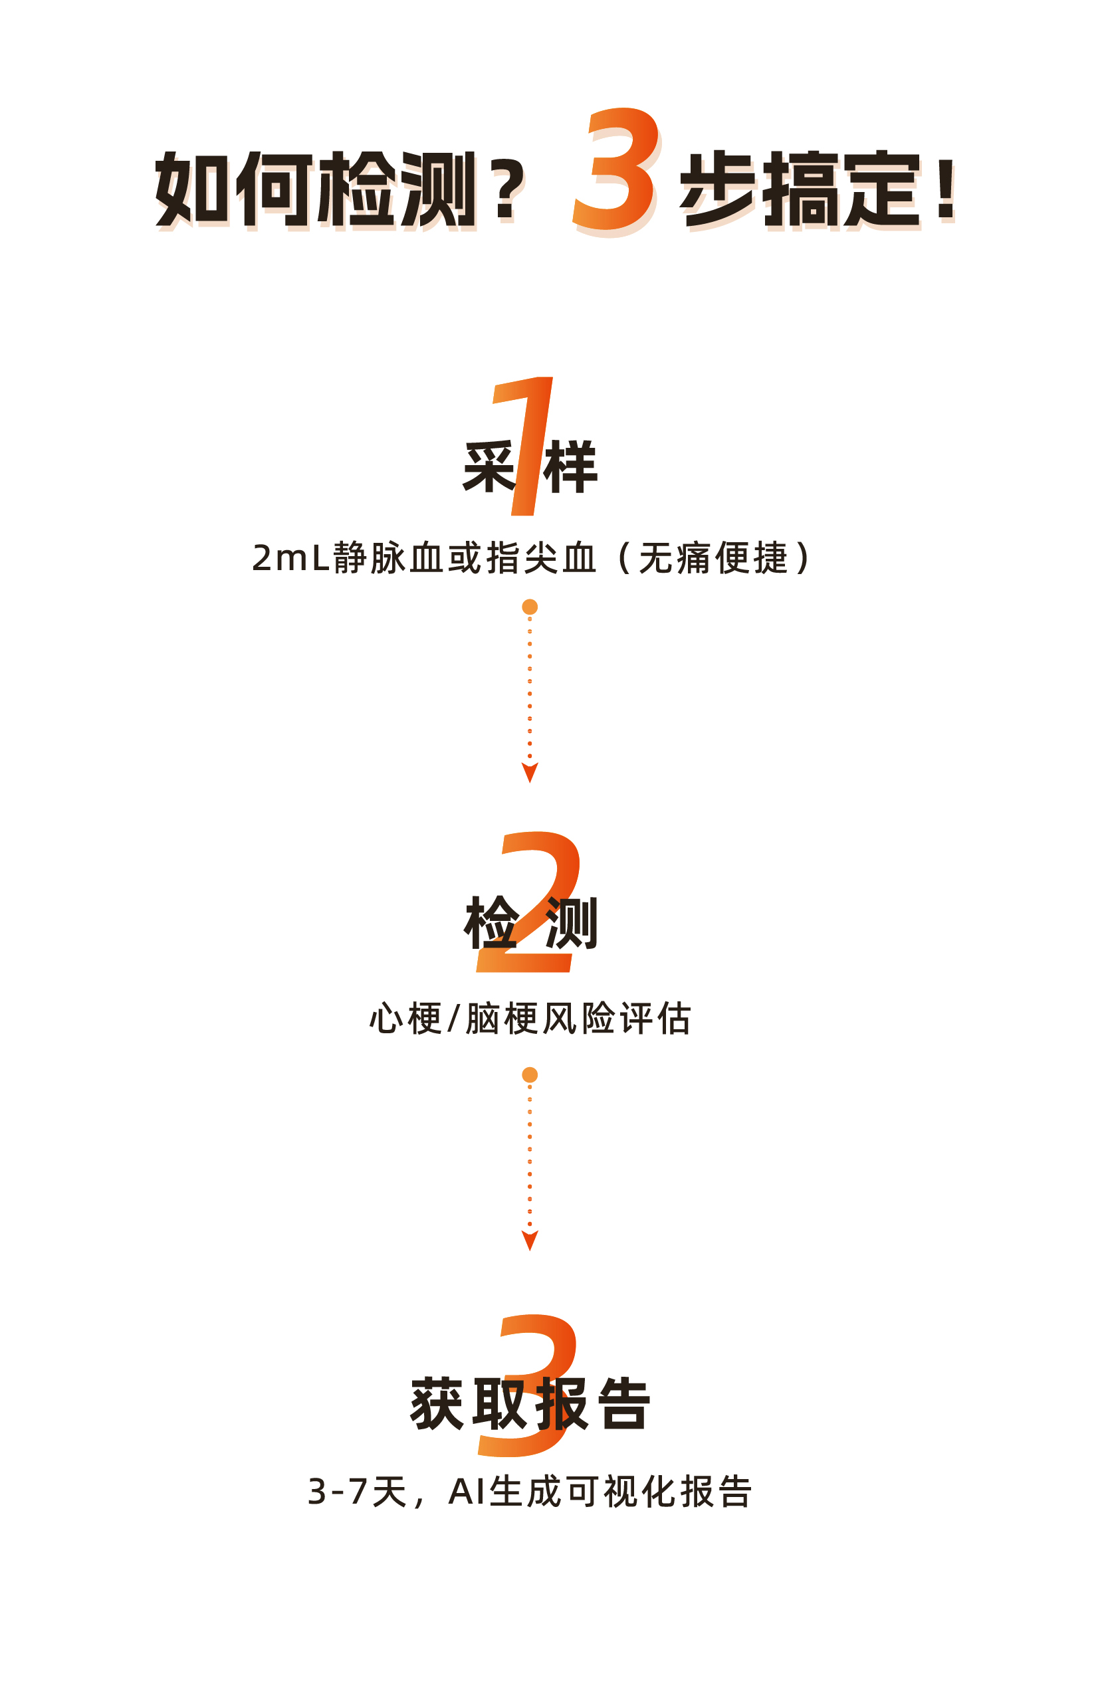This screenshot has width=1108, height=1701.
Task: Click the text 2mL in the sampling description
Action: (x=290, y=558)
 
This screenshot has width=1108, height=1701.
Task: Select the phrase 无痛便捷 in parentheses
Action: (x=713, y=558)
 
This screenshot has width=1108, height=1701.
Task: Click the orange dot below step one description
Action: (x=530, y=607)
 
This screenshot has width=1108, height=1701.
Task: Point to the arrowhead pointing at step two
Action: (x=530, y=772)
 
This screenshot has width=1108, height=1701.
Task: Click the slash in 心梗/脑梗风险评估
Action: (x=453, y=1019)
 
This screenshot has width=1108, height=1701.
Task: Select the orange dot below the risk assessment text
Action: (x=530, y=1075)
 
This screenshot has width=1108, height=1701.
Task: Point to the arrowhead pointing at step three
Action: (x=530, y=1240)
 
